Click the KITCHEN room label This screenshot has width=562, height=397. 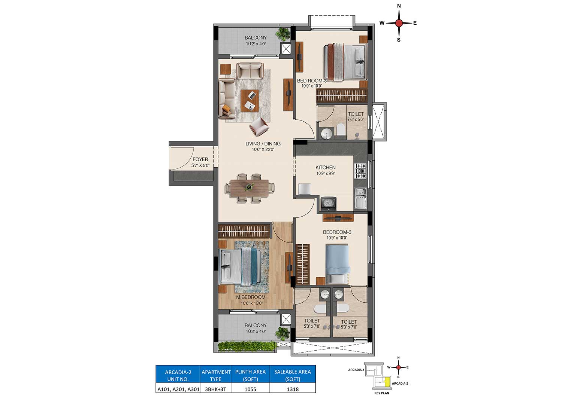(x=325, y=167)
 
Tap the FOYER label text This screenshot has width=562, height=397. (x=200, y=159)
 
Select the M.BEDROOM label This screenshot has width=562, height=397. (x=251, y=297)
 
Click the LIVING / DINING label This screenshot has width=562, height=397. (x=263, y=144)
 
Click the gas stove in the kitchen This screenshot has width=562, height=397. (x=361, y=171)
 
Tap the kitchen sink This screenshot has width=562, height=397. (x=361, y=198)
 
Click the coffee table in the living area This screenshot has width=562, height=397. (x=250, y=100)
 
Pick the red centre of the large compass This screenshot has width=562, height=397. (x=399, y=23)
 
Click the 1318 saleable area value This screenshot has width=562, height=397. (x=293, y=389)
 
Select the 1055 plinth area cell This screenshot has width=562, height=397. (x=250, y=389)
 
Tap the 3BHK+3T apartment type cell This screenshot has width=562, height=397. (x=216, y=389)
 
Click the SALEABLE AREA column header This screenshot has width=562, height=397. (x=293, y=375)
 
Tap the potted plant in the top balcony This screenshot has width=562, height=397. (x=283, y=34)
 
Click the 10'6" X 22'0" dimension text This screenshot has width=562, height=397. (x=263, y=150)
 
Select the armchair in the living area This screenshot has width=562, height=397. (x=259, y=126)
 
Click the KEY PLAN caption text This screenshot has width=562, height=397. (x=382, y=393)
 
